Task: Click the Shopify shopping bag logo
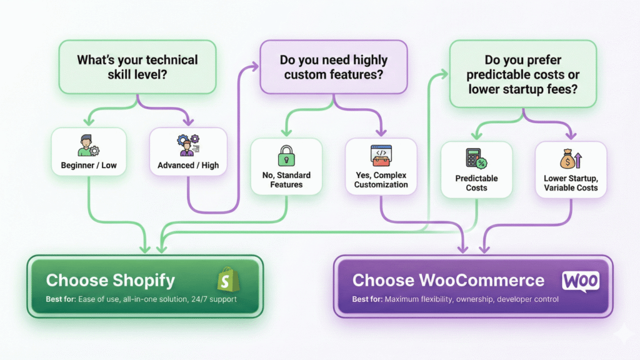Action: click(x=226, y=280)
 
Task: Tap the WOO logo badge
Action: click(x=581, y=281)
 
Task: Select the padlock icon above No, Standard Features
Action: click(x=286, y=154)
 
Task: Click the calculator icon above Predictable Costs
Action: click(x=476, y=158)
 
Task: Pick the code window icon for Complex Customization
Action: click(x=381, y=155)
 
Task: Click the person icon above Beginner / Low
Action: click(x=87, y=144)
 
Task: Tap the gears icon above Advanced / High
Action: click(x=186, y=144)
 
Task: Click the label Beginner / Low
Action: click(x=87, y=166)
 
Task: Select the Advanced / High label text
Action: click(x=186, y=166)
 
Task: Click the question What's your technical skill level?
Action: click(x=137, y=67)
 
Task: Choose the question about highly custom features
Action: click(x=334, y=67)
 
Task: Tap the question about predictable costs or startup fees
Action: click(x=524, y=75)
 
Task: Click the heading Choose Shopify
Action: click(x=111, y=280)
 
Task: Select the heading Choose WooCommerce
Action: click(x=448, y=280)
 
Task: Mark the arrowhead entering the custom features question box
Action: click(x=256, y=64)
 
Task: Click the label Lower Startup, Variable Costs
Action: click(x=570, y=182)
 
